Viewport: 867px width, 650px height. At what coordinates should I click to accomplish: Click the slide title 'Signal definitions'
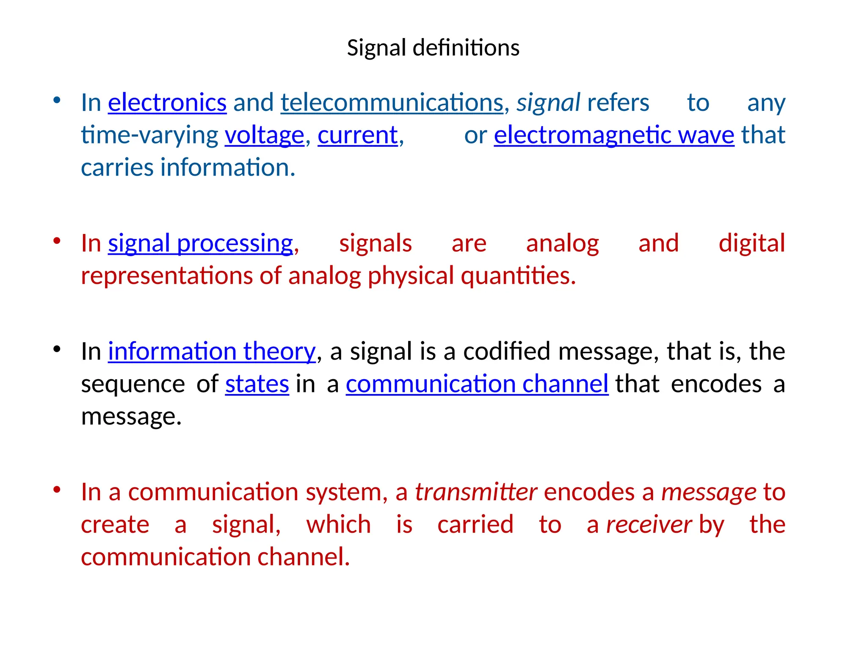(x=433, y=47)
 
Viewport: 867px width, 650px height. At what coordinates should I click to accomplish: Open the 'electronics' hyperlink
(x=167, y=103)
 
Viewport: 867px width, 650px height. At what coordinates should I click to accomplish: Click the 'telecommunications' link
(x=392, y=103)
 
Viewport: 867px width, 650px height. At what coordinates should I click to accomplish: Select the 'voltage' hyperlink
(x=264, y=135)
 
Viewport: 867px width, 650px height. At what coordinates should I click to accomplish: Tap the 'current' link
(x=358, y=135)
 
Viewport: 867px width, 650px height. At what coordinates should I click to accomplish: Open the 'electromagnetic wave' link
(x=614, y=135)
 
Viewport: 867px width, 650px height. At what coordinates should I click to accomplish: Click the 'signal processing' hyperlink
(x=200, y=244)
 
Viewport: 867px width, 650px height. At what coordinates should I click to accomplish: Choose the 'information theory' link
(x=212, y=352)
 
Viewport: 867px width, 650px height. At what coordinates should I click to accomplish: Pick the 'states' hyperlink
(x=257, y=384)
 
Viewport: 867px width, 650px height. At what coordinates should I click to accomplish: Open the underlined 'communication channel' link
(x=477, y=384)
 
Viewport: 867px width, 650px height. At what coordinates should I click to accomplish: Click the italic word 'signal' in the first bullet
(x=548, y=103)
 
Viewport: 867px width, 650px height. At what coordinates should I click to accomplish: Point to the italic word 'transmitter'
(x=476, y=492)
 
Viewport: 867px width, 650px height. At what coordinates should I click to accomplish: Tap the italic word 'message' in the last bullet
(x=709, y=492)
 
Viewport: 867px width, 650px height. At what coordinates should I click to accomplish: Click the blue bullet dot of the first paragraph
(x=57, y=101)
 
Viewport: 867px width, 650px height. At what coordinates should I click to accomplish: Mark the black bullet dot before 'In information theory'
(x=57, y=350)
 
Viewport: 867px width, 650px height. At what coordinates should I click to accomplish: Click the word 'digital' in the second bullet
(x=752, y=244)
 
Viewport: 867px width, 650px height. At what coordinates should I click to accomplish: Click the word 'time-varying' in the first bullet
(x=149, y=135)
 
